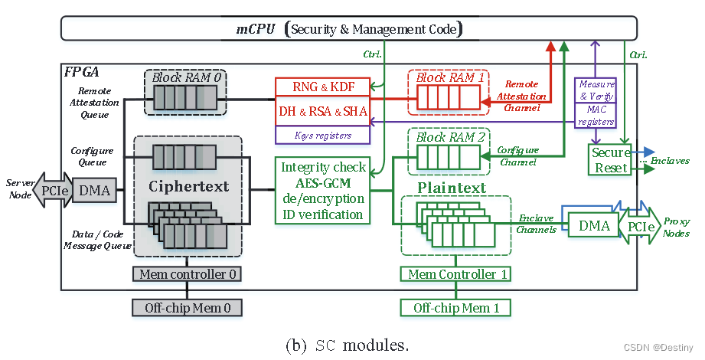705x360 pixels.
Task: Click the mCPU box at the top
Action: pyautogui.click(x=348, y=30)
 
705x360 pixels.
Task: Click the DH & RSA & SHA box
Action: pyautogui.click(x=321, y=111)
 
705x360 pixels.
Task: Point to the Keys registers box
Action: pyautogui.click(x=321, y=136)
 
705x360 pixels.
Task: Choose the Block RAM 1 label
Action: pyautogui.click(x=450, y=77)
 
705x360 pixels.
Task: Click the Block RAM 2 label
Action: pyautogui.click(x=450, y=138)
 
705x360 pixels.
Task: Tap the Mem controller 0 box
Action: pyautogui.click(x=188, y=274)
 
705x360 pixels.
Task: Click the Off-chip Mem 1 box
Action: pyautogui.click(x=456, y=308)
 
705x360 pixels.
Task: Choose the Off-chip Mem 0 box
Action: pyautogui.click(x=188, y=308)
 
